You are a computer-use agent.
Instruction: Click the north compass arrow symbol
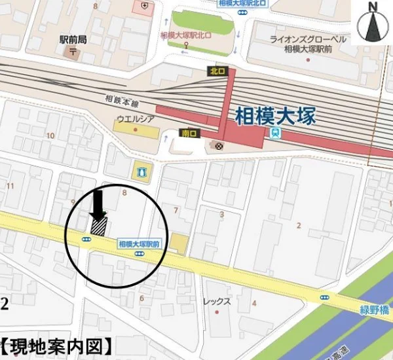[x=373, y=24]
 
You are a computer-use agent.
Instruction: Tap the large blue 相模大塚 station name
[x=275, y=117]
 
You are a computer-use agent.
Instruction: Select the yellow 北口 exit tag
[x=217, y=71]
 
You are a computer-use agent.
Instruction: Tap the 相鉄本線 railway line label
[x=122, y=103]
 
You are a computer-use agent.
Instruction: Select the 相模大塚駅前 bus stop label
[x=140, y=243]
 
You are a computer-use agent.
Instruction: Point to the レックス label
[x=217, y=302]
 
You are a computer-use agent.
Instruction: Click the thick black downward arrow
[x=98, y=205]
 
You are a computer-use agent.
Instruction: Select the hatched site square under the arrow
[x=98, y=226]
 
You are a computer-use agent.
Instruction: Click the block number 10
[x=50, y=135]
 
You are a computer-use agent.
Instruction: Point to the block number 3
[x=221, y=214]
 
